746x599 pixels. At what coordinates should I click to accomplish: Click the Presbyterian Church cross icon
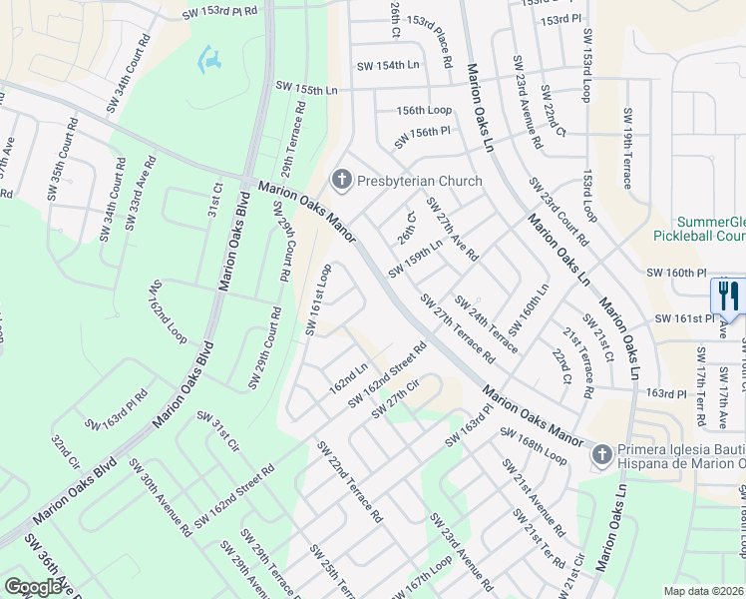click(x=342, y=181)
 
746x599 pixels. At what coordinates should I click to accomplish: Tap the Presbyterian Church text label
click(x=419, y=181)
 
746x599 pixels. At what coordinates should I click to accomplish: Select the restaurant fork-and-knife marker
click(x=725, y=296)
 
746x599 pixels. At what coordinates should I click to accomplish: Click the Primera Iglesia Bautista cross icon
click(x=601, y=455)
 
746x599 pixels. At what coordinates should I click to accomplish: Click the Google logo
click(x=33, y=587)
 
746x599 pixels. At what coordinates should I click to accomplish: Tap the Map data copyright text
click(x=703, y=590)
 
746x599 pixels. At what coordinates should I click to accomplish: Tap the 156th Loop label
click(x=424, y=111)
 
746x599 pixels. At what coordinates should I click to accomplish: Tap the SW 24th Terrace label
click(x=486, y=323)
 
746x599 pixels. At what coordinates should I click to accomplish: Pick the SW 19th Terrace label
click(x=627, y=149)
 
